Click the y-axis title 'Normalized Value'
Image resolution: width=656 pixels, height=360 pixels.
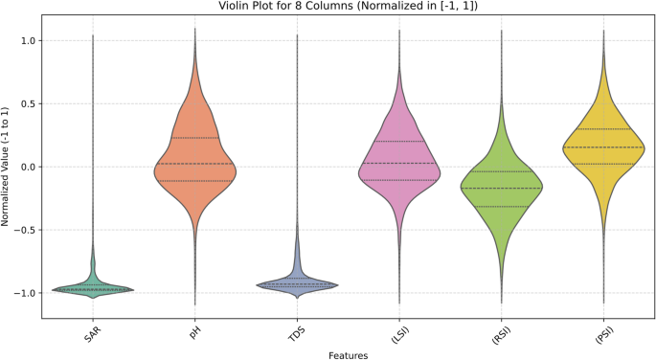pyautogui.click(x=7, y=166)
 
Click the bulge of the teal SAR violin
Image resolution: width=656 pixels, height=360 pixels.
pyautogui.click(x=93, y=289)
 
